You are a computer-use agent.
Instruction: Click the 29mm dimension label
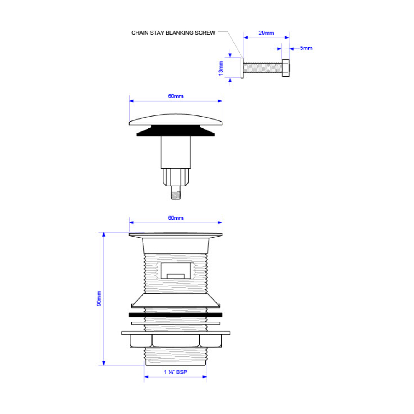click(x=266, y=33)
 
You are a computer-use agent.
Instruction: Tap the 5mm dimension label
click(x=306, y=48)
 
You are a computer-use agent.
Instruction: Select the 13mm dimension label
click(x=221, y=68)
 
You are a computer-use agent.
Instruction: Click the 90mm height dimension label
click(x=99, y=298)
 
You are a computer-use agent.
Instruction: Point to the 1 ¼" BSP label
click(x=176, y=372)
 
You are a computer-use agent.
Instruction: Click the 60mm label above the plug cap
click(x=176, y=96)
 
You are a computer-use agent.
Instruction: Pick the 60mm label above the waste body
click(x=176, y=218)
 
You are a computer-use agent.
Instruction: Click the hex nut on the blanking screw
click(x=286, y=68)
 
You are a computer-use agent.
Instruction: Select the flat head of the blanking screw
click(x=242, y=68)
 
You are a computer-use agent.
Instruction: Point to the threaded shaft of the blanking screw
click(x=263, y=68)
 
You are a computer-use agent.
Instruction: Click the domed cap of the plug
click(x=176, y=119)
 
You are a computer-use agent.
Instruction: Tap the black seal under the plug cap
click(x=176, y=131)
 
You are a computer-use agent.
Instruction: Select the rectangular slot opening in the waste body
click(x=176, y=271)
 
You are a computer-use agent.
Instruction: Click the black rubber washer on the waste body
click(x=176, y=315)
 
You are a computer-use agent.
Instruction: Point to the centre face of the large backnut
click(x=176, y=341)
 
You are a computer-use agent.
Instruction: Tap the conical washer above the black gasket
click(x=176, y=301)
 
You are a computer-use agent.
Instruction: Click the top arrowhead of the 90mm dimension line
click(x=104, y=235)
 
